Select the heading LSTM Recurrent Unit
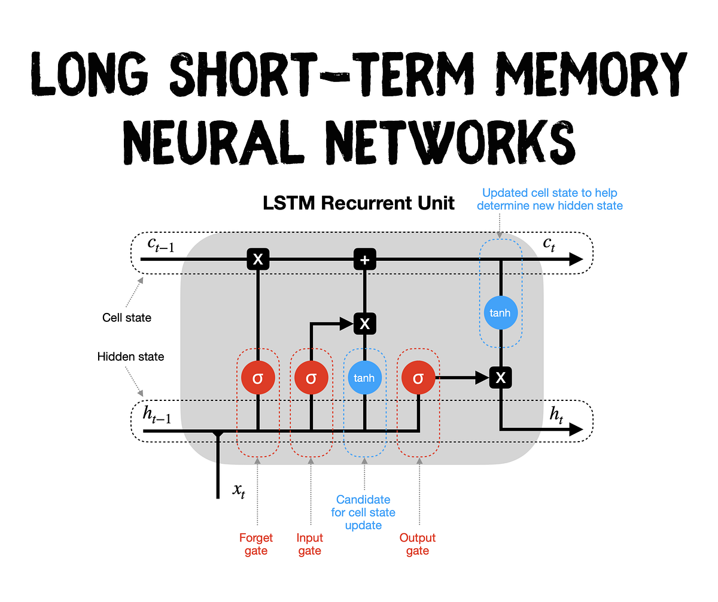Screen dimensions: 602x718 pos(359,203)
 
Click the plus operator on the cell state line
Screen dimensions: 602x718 pos(364,259)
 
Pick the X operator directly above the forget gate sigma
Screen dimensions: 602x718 pos(258,259)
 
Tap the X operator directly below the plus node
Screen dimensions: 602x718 pos(364,324)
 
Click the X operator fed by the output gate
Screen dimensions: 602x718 pos(501,377)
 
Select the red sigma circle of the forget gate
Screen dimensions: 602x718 pos(258,378)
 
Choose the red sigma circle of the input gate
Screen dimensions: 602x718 pos(311,378)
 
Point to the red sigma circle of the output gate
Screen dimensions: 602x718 pos(418,378)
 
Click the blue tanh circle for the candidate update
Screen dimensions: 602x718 pos(364,378)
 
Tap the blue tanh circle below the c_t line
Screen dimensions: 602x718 pos(501,313)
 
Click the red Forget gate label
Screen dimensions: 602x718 pos(256,544)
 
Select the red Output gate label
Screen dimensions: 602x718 pos(418,544)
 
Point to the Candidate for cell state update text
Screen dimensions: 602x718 pos(363,512)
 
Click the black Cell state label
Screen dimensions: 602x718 pos(127,318)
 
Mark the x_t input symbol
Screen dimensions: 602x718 pos(238,491)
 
